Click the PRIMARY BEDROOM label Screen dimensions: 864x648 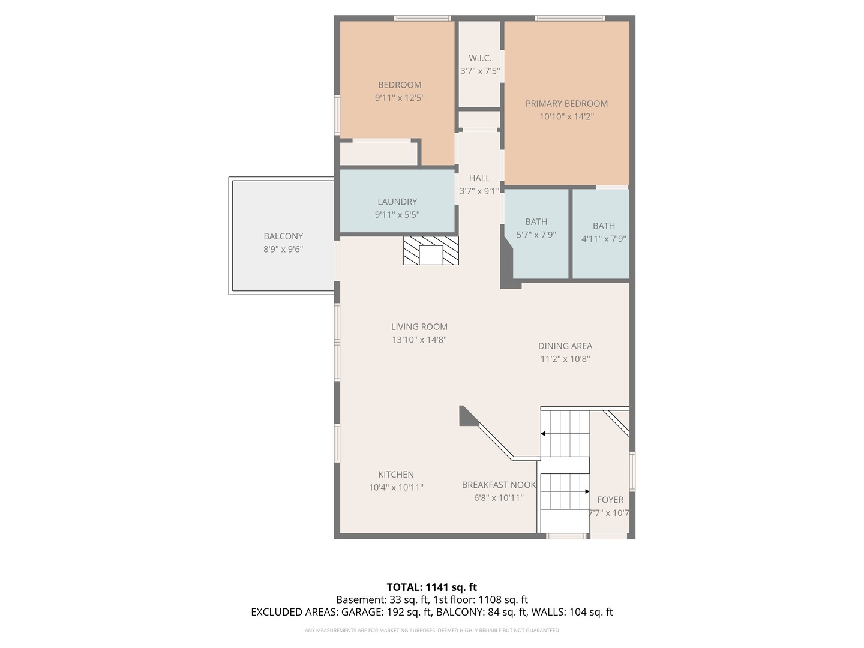(566, 103)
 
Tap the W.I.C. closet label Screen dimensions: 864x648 (480, 58)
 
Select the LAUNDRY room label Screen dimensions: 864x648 (397, 202)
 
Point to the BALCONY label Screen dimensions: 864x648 (283, 236)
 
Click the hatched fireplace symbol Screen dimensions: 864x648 (431, 250)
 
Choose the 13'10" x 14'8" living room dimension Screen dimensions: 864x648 (419, 340)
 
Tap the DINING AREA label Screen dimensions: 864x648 (565, 346)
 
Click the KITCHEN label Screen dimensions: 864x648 (395, 474)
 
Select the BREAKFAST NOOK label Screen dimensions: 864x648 (499, 485)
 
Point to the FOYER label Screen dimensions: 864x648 (610, 500)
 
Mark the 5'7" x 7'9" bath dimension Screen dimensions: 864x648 (536, 235)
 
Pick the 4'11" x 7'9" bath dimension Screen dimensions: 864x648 (604, 239)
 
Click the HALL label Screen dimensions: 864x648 (479, 178)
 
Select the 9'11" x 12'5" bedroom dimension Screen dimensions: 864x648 (399, 98)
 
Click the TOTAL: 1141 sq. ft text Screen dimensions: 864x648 (431, 587)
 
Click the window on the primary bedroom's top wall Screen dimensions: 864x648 (569, 18)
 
